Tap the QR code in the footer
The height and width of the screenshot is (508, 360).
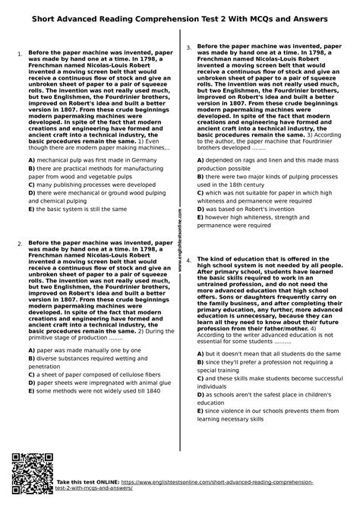[30, 484]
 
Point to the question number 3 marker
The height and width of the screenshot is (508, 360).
[188, 48]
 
